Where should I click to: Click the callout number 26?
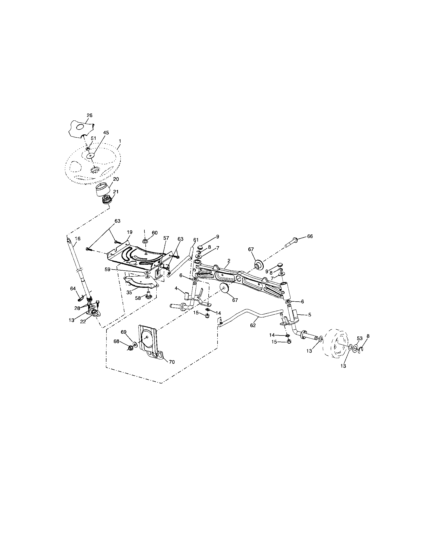[x=89, y=115]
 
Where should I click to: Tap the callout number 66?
[x=310, y=236]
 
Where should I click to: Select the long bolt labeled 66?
[x=292, y=242]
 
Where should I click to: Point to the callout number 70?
[x=172, y=362]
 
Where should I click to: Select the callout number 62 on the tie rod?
[x=253, y=325]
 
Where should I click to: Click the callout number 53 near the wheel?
[x=360, y=338]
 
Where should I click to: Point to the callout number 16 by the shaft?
[x=77, y=239]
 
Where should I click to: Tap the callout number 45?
[x=106, y=133]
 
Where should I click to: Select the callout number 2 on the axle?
[x=229, y=260]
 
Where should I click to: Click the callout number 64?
[x=73, y=289]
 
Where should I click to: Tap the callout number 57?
[x=166, y=238]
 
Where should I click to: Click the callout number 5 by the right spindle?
[x=310, y=314]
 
